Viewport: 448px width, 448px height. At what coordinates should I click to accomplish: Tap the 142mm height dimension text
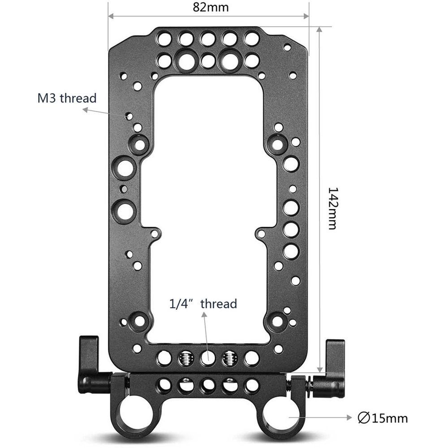coord(332,208)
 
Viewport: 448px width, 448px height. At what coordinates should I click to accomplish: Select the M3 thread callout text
coord(67,98)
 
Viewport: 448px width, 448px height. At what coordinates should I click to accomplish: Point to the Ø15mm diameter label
coord(383,418)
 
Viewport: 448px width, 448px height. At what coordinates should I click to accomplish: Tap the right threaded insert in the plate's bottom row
coord(230,357)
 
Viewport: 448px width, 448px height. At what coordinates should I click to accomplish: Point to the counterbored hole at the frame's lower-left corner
coord(139,321)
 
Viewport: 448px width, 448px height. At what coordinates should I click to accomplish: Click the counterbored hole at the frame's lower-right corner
coord(277,321)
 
